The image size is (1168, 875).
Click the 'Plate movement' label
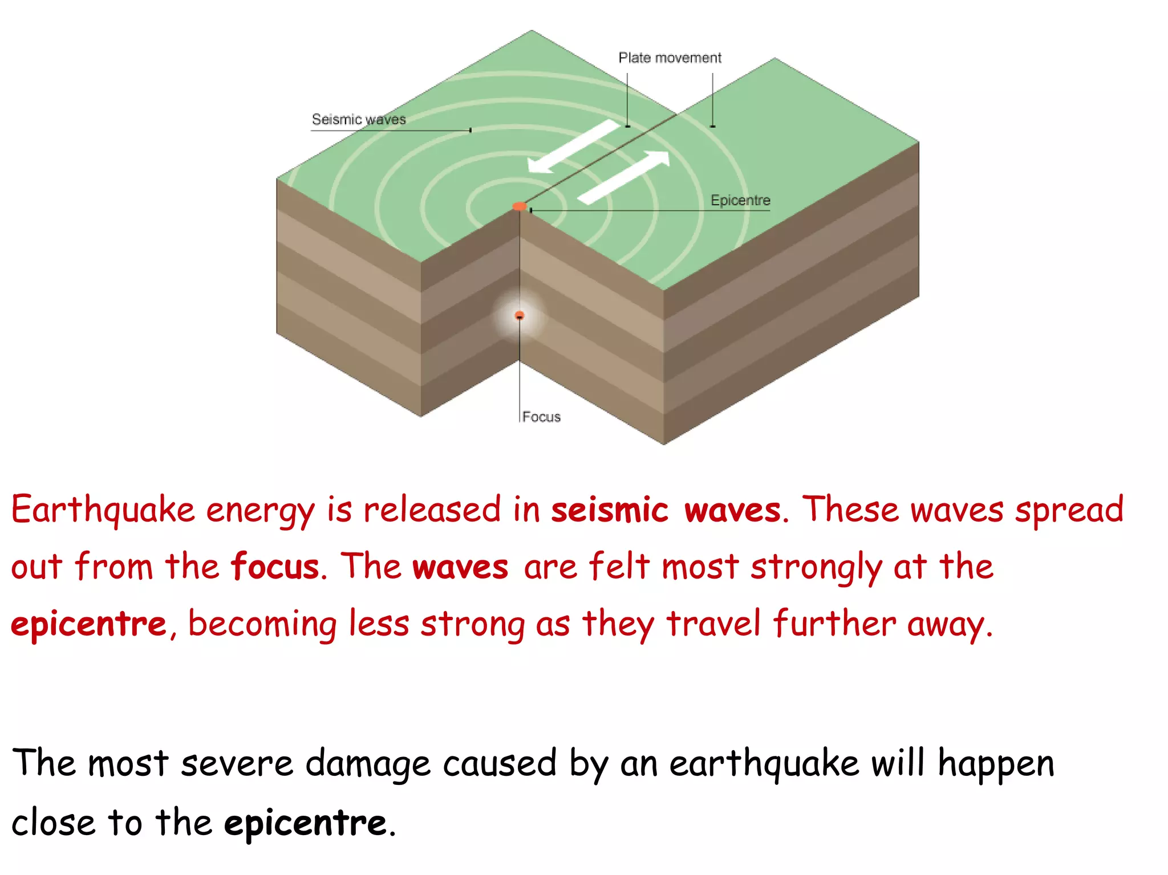pyautogui.click(x=670, y=58)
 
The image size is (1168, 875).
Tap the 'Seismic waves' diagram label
pyautogui.click(x=359, y=120)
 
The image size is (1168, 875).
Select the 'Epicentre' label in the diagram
pyautogui.click(x=740, y=201)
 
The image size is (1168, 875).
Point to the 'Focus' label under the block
pyautogui.click(x=541, y=417)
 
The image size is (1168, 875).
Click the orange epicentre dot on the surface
pyautogui.click(x=519, y=206)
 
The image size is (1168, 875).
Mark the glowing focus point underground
pyautogui.click(x=519, y=315)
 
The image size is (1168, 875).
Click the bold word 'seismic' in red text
pyautogui.click(x=609, y=510)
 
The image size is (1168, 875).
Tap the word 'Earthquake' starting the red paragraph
pyautogui.click(x=103, y=510)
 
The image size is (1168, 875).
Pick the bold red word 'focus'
pyautogui.click(x=275, y=567)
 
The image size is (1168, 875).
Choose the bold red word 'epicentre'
pyautogui.click(x=89, y=624)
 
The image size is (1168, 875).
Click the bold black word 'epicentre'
pyautogui.click(x=306, y=823)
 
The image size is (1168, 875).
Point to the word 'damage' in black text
pyautogui.click(x=368, y=764)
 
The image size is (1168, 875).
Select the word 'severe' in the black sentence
pyautogui.click(x=237, y=764)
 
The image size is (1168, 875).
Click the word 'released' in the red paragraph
pyautogui.click(x=432, y=510)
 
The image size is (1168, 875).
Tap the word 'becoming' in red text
pyautogui.click(x=262, y=625)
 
